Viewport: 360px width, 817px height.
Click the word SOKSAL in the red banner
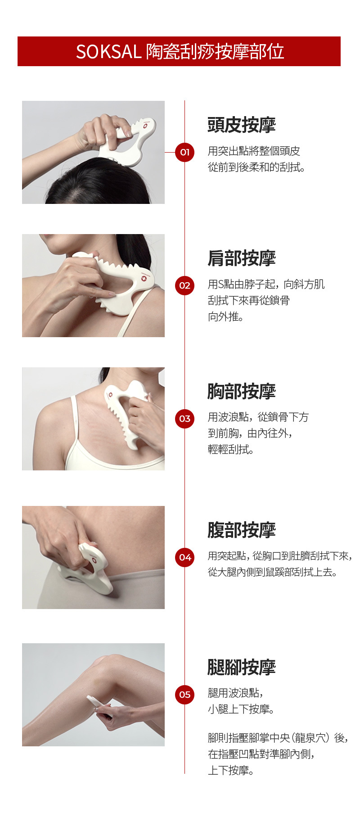[x=108, y=52]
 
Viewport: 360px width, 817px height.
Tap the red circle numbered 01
[x=184, y=152]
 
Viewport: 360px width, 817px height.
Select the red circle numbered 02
[x=184, y=285]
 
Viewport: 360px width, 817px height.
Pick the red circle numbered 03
[x=184, y=419]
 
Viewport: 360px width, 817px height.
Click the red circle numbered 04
[x=184, y=557]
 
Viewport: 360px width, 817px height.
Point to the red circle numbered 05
[x=184, y=695]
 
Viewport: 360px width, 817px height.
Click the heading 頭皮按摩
[x=242, y=125]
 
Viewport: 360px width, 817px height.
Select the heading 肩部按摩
[x=242, y=258]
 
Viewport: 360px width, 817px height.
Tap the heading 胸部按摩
[x=242, y=392]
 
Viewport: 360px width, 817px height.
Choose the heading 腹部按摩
[x=242, y=530]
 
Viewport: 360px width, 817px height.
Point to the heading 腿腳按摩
[x=242, y=667]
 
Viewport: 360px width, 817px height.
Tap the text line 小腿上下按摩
[x=241, y=709]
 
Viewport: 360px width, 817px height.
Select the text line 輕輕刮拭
[x=231, y=450]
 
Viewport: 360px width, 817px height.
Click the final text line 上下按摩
[x=231, y=770]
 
